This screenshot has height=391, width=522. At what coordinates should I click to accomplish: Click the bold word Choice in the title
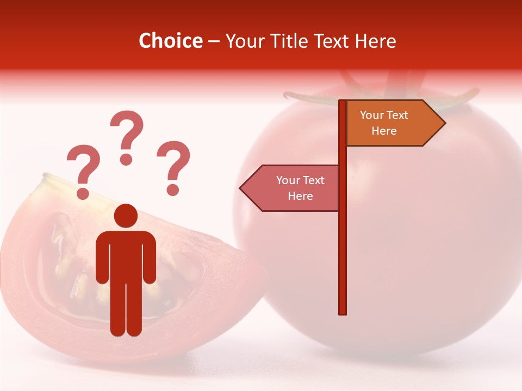click(x=170, y=41)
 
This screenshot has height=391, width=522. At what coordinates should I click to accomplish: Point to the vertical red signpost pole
click(x=343, y=244)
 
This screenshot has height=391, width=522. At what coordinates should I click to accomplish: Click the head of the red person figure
click(x=126, y=216)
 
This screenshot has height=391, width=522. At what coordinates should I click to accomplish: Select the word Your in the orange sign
click(x=372, y=115)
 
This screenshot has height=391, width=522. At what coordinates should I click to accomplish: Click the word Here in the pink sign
click(x=300, y=196)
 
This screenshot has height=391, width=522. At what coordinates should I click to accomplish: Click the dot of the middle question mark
click(x=127, y=159)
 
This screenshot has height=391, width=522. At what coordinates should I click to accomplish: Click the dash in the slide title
click(x=214, y=41)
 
